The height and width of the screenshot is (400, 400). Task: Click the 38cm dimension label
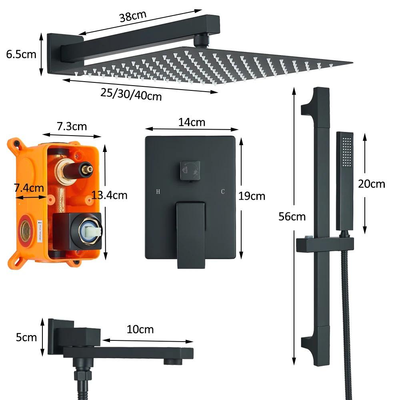(x=133, y=16)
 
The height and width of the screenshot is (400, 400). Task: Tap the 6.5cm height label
(x=21, y=54)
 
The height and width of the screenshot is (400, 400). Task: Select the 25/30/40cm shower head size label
(x=131, y=94)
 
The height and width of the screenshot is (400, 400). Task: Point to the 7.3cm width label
(x=72, y=126)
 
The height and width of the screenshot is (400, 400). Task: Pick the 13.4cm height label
(x=109, y=195)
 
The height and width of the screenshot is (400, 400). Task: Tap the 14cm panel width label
(x=192, y=122)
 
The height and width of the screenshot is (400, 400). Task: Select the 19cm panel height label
(x=252, y=196)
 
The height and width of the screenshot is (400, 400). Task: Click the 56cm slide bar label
(x=292, y=217)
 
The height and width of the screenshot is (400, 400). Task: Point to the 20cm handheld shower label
(x=372, y=184)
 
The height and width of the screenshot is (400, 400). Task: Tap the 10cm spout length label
(x=140, y=330)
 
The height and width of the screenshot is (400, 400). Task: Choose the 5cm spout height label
(x=26, y=337)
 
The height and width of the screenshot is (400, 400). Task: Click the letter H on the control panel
(x=158, y=192)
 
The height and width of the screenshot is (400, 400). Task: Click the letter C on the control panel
(x=223, y=192)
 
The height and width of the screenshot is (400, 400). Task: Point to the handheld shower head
(x=344, y=180)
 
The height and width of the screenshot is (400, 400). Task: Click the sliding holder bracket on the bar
(x=325, y=244)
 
